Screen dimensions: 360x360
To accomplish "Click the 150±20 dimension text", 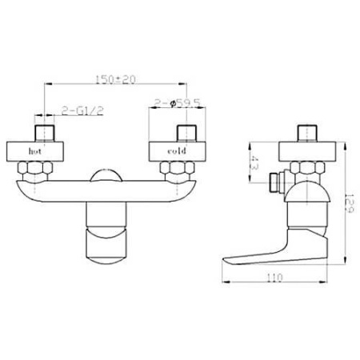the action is point(115,79).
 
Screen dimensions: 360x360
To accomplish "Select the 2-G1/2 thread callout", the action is point(82,110).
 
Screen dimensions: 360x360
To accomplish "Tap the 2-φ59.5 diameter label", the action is point(178,103).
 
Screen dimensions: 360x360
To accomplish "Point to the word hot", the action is point(35,151).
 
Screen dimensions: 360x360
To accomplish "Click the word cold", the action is point(177,151).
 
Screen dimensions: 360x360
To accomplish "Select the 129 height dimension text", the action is point(349,203).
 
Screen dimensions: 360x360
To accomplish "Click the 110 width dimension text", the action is point(274,278).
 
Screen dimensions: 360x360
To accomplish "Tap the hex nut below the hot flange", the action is point(35,168).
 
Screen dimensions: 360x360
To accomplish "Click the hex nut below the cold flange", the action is point(177,168).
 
